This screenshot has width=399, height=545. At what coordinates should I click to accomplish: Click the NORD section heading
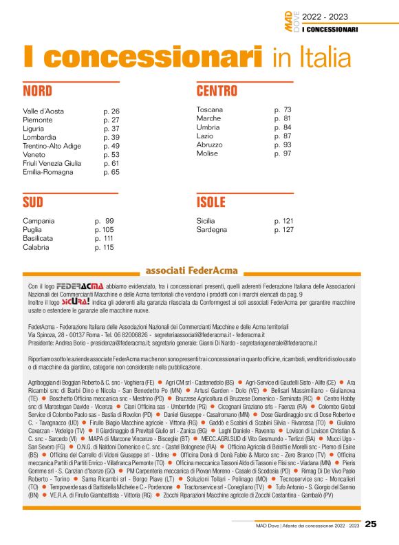pyautogui.click(x=38, y=92)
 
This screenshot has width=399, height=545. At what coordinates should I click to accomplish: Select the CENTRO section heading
pyautogui.click(x=217, y=92)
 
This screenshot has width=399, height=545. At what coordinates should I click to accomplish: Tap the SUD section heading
pyautogui.click(x=33, y=202)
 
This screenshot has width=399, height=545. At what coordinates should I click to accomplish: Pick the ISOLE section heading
pyautogui.click(x=211, y=202)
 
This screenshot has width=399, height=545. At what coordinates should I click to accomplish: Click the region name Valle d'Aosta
pyautogui.click(x=43, y=111)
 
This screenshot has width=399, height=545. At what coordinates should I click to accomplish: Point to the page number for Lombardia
pyautogui.click(x=111, y=137)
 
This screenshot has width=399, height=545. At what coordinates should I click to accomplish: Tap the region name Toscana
pyautogui.click(x=210, y=109)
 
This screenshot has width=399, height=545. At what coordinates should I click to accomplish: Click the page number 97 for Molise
pyautogui.click(x=283, y=153)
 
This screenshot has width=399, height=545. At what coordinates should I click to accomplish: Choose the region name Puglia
pyautogui.click(x=32, y=230)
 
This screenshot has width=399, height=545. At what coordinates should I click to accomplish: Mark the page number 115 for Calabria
pyautogui.click(x=105, y=247)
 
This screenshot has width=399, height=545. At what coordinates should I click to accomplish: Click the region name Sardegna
pyautogui.click(x=212, y=230)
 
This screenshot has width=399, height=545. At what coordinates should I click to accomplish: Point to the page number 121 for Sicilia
pyautogui.click(x=284, y=221)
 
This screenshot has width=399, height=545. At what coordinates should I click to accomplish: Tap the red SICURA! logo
pyautogui.click(x=76, y=301)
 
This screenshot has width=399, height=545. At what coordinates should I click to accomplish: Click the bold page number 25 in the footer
pyautogui.click(x=371, y=524)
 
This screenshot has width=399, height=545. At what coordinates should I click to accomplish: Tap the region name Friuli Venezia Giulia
pyautogui.click(x=52, y=163)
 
